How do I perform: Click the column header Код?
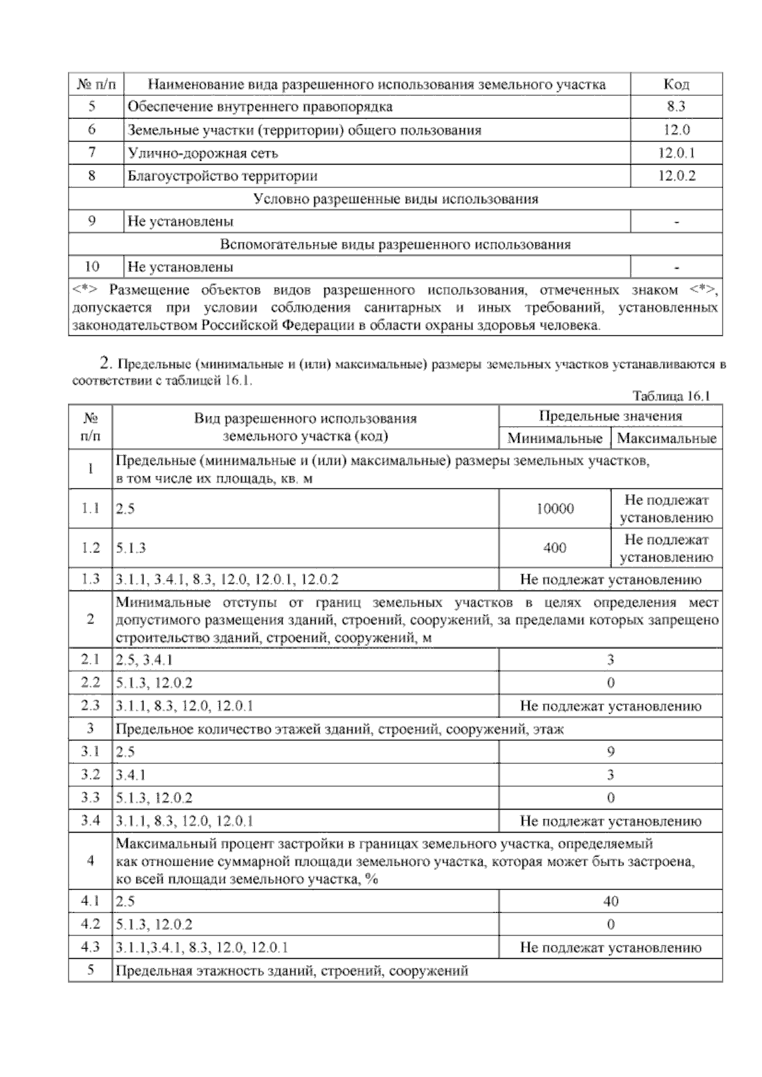(x=676, y=84)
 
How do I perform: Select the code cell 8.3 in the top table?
(x=676, y=107)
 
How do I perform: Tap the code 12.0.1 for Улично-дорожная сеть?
(x=676, y=153)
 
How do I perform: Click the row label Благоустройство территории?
(x=222, y=176)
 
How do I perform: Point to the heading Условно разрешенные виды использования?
(x=395, y=199)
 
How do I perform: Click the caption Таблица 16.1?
(x=671, y=396)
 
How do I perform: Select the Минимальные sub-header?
(x=554, y=438)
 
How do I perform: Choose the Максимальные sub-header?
(x=666, y=438)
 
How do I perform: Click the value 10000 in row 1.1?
(x=554, y=509)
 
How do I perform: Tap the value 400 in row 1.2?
(x=554, y=548)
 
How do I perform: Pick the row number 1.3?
(x=90, y=579)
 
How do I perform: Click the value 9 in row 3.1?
(x=610, y=752)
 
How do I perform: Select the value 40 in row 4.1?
(x=610, y=901)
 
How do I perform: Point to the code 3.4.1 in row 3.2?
(x=131, y=775)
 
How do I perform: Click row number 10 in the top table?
(x=92, y=267)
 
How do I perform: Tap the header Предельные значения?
(x=610, y=417)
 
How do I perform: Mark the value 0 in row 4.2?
(x=610, y=924)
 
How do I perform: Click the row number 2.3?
(x=90, y=706)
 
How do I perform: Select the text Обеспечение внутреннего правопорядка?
(x=260, y=107)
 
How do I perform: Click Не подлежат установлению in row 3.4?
(x=610, y=821)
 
